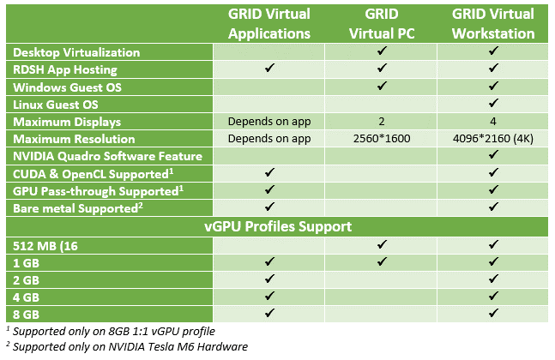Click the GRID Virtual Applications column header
pos(269,24)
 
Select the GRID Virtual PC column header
pos(382,24)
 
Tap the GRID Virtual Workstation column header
pos(493,24)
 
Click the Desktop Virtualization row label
pos(76,52)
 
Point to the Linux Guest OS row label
pos(56,105)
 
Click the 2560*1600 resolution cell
pos(382,138)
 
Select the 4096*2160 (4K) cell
pos(493,138)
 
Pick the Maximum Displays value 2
pos(382,122)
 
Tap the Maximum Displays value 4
pos(493,122)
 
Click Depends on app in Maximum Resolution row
pos(269,139)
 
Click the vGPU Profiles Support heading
pos(278,226)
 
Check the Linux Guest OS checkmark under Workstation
pos(493,103)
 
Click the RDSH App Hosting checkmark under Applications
pos(269,68)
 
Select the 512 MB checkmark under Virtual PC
pos(382,244)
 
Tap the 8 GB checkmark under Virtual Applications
pos(269,313)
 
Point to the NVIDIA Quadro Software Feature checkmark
pos(493,154)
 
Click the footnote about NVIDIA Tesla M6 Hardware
pos(127,346)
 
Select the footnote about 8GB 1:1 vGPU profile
pos(111,331)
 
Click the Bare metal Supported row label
pos(78,208)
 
